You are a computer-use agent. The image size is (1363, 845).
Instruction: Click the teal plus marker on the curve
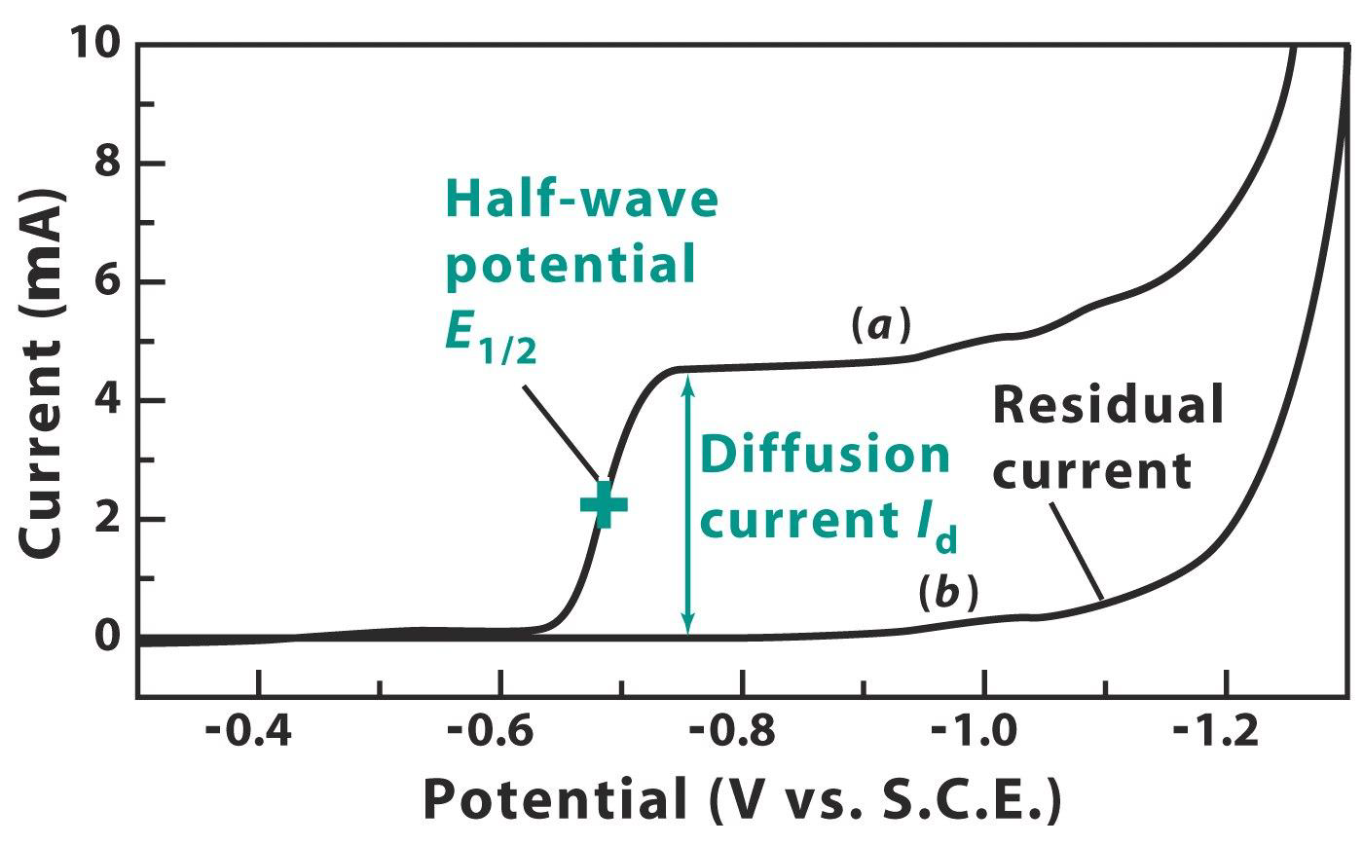(604, 504)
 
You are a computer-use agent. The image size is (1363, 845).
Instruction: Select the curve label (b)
(947, 595)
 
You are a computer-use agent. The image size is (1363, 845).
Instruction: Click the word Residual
(1108, 405)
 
